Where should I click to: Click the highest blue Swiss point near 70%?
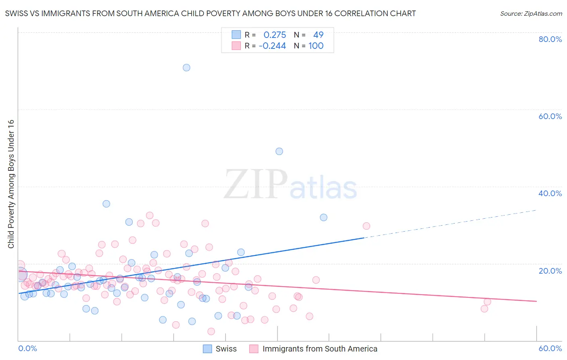pos(186,67)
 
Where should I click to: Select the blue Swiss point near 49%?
pos(279,151)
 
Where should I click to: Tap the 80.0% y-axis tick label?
pos(550,39)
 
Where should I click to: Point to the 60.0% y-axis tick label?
pos(550,116)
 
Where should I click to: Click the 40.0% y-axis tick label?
pos(550,193)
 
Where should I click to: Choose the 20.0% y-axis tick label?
pos(550,271)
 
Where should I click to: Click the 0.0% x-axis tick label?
pos(27,348)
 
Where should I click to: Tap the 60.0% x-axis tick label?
pos(550,348)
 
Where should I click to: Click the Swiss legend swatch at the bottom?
pos(207,349)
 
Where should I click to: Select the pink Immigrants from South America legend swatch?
pos(254,349)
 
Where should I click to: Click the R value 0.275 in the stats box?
pos(275,35)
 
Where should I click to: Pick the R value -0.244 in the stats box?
pos(272,46)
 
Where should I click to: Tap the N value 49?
pos(318,35)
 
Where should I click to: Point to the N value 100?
pos(316,46)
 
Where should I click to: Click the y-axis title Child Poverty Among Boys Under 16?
pos(11,184)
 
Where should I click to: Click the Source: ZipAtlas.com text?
pos(531,14)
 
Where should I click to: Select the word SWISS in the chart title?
pos(17,14)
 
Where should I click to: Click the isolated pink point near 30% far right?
pos(366,226)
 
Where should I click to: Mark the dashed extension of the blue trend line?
pos(452,224)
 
